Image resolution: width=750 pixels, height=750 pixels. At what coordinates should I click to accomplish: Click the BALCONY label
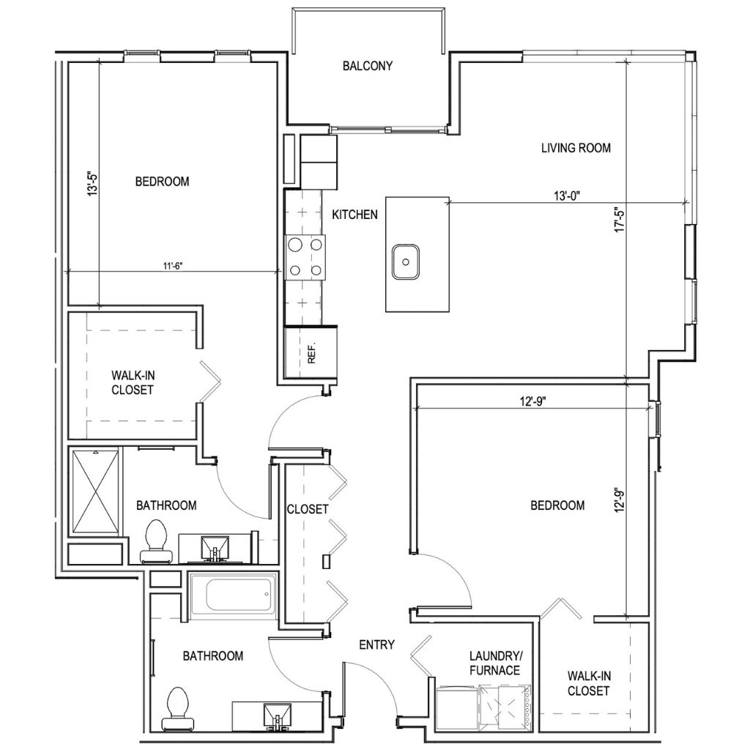(x=368, y=66)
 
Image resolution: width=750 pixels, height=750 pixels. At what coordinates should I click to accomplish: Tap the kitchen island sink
(x=405, y=262)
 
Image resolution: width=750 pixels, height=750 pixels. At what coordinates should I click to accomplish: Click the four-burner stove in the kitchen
(x=305, y=258)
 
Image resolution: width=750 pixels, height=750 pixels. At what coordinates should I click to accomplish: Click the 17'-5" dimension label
(x=620, y=218)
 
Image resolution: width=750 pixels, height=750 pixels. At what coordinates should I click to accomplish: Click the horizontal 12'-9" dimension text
(x=533, y=401)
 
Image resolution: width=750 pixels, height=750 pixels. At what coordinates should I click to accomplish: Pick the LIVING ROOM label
(x=576, y=148)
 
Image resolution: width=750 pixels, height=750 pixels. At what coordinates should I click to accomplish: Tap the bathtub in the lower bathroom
(x=233, y=595)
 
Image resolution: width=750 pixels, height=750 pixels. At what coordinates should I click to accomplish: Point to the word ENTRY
(x=377, y=645)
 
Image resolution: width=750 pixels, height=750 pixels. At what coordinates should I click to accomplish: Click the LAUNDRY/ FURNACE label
(x=495, y=664)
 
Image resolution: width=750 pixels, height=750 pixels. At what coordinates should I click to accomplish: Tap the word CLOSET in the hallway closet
(x=308, y=509)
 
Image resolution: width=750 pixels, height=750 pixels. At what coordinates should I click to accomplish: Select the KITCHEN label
(x=355, y=215)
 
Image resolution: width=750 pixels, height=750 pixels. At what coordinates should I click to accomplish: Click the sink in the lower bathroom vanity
(x=277, y=714)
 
